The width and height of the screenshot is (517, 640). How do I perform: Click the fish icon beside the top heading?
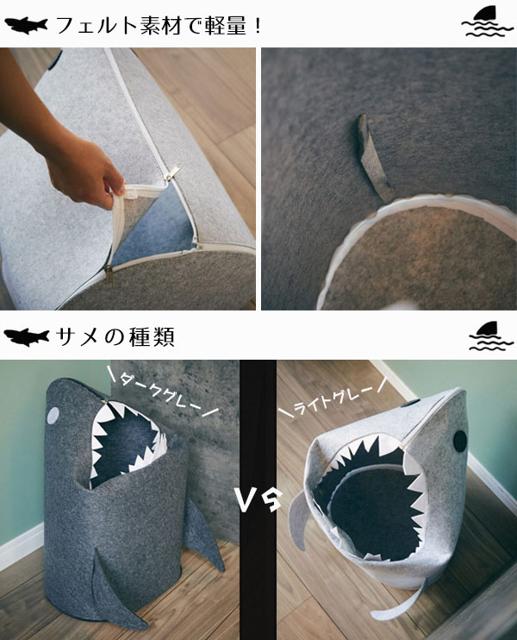(x=26, y=25)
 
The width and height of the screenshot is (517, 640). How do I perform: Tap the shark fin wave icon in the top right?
(x=487, y=22)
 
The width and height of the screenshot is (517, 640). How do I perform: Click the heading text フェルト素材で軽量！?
(x=159, y=26)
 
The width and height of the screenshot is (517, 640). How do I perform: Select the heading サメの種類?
(x=115, y=337)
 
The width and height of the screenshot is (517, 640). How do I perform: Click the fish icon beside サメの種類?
(x=27, y=337)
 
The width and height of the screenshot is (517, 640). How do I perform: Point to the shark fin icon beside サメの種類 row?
(x=490, y=336)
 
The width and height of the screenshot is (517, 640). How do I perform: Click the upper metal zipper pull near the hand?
(x=173, y=171)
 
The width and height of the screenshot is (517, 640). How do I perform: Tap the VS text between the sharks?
(x=258, y=499)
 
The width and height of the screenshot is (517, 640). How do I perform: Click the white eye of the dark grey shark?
(x=53, y=416)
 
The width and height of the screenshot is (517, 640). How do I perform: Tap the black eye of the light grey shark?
(x=460, y=441)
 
